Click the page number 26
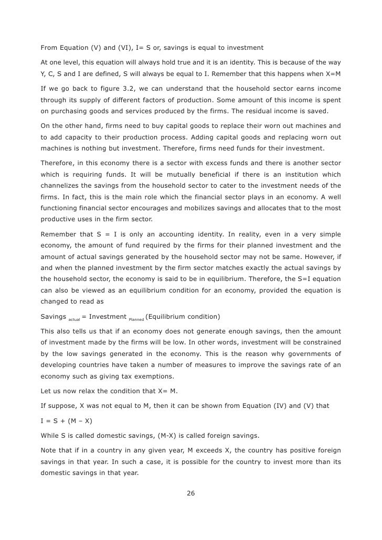click(x=190, y=492)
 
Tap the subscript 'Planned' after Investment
click(x=136, y=319)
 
